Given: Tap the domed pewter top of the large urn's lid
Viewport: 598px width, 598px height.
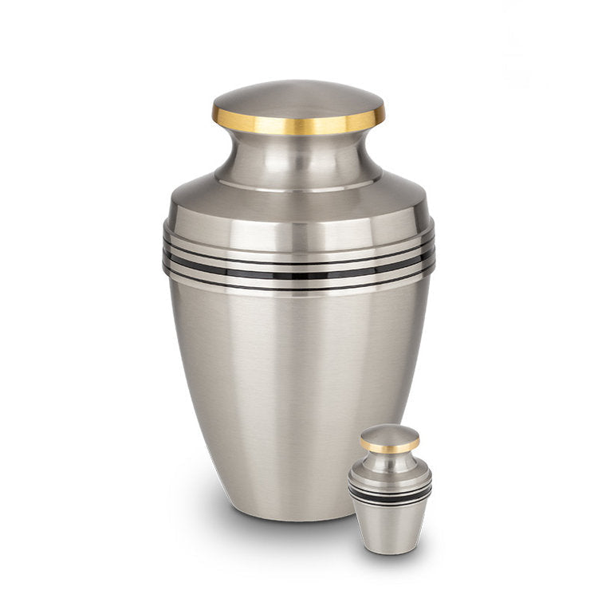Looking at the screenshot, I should click(x=299, y=96).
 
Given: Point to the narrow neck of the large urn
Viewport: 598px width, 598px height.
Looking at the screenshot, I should click(x=299, y=155).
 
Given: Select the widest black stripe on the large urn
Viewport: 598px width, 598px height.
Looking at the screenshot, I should click(x=299, y=273).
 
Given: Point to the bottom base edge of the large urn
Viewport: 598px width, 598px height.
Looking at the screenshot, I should click(x=299, y=517).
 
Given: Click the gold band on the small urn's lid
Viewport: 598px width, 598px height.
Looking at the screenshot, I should click(x=389, y=448).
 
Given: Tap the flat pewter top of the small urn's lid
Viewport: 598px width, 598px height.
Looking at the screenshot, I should click(x=389, y=435).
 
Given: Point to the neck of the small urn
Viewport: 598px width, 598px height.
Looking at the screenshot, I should click(x=389, y=460).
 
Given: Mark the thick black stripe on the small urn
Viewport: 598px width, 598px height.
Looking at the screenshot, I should click(x=389, y=494).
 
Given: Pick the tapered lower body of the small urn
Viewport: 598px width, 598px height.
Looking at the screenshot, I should click(x=389, y=526).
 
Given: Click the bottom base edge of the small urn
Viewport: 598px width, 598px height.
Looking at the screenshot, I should click(x=389, y=552).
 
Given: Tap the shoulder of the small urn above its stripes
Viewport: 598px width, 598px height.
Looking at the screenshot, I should click(x=389, y=476).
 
